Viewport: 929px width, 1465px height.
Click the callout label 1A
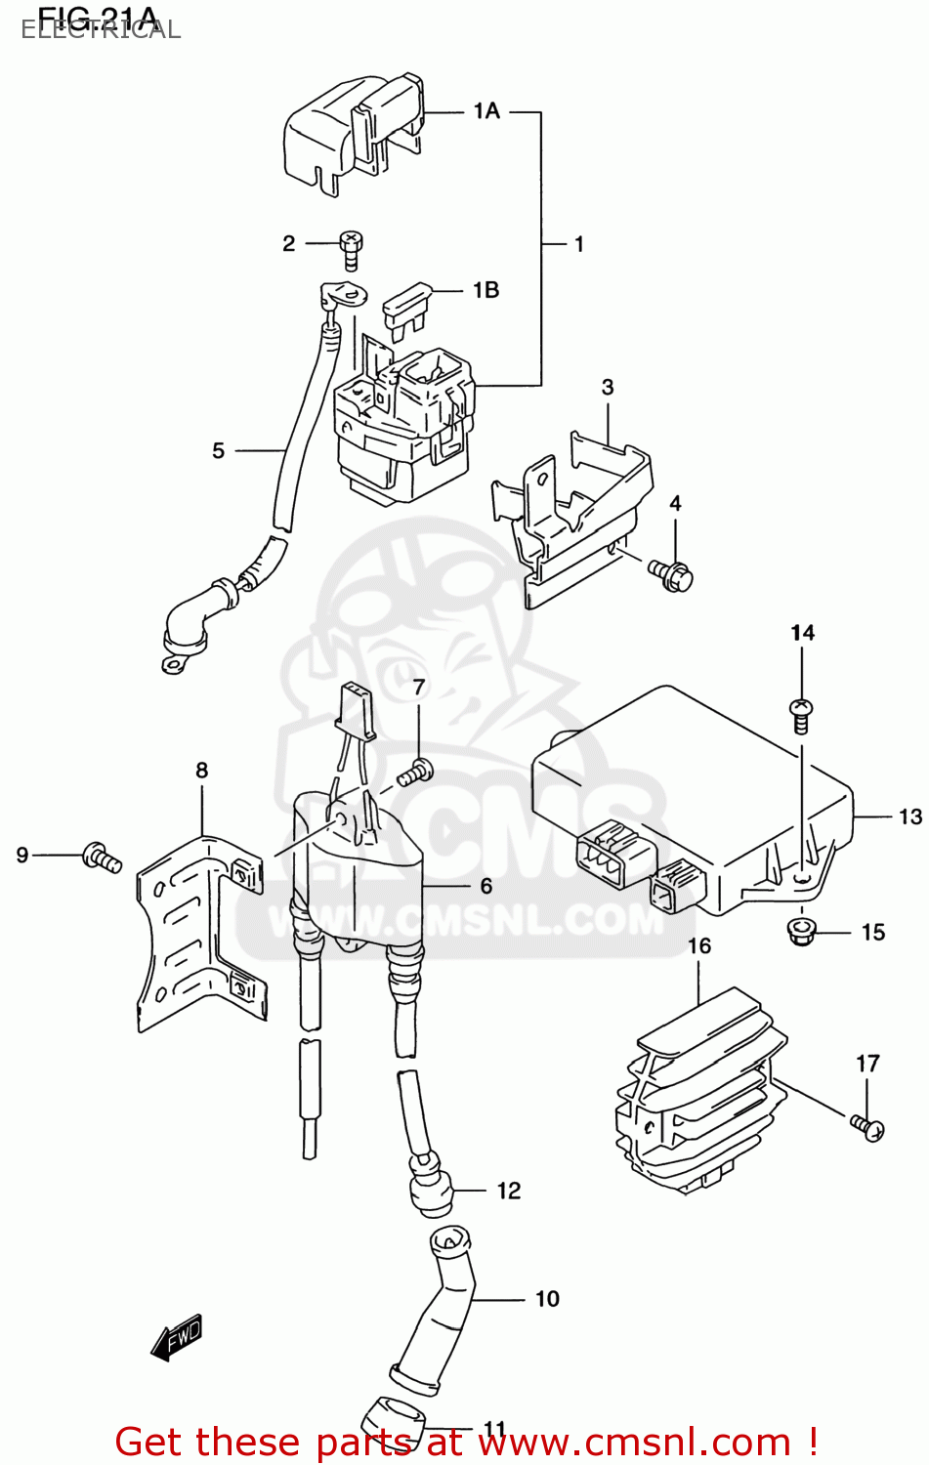coord(486,111)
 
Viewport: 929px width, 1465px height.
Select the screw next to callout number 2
coord(351,249)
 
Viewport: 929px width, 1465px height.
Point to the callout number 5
coord(218,450)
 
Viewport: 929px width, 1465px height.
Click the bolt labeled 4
coord(671,575)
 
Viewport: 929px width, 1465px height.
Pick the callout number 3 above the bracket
coord(608,387)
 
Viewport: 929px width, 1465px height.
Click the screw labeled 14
coord(801,715)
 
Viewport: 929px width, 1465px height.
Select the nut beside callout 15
coord(801,930)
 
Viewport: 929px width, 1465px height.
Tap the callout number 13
coord(909,816)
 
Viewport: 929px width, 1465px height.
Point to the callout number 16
coord(699,945)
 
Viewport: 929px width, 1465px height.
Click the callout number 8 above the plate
coord(202,770)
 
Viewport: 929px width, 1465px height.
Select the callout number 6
coord(486,886)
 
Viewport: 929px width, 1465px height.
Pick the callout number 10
coord(547,1298)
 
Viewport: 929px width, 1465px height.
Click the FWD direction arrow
coord(177,1337)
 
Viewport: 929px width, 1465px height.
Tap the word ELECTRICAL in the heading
coord(101,29)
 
